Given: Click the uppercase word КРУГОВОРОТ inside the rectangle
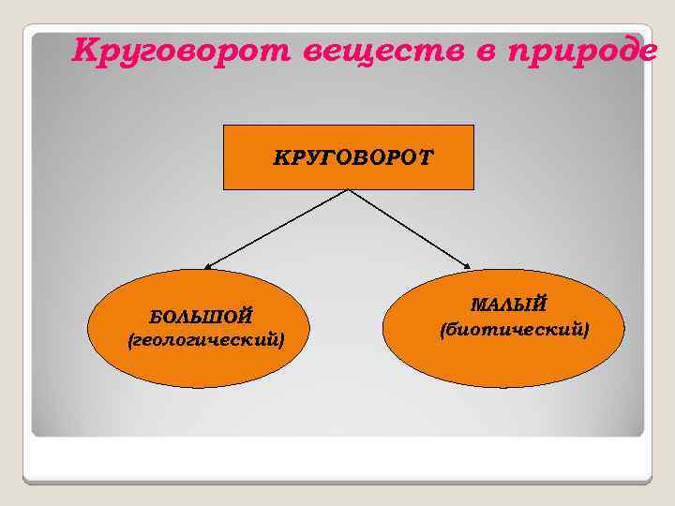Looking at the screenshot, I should [x=353, y=156].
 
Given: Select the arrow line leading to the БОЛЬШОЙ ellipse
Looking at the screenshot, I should [x=277, y=230].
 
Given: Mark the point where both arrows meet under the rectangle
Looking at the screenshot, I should [x=349, y=190].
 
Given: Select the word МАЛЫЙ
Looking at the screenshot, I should [x=507, y=305].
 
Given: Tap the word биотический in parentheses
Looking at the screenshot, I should [x=515, y=329].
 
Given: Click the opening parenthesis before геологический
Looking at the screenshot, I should [x=130, y=338].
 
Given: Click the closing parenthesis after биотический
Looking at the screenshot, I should [x=586, y=329].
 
